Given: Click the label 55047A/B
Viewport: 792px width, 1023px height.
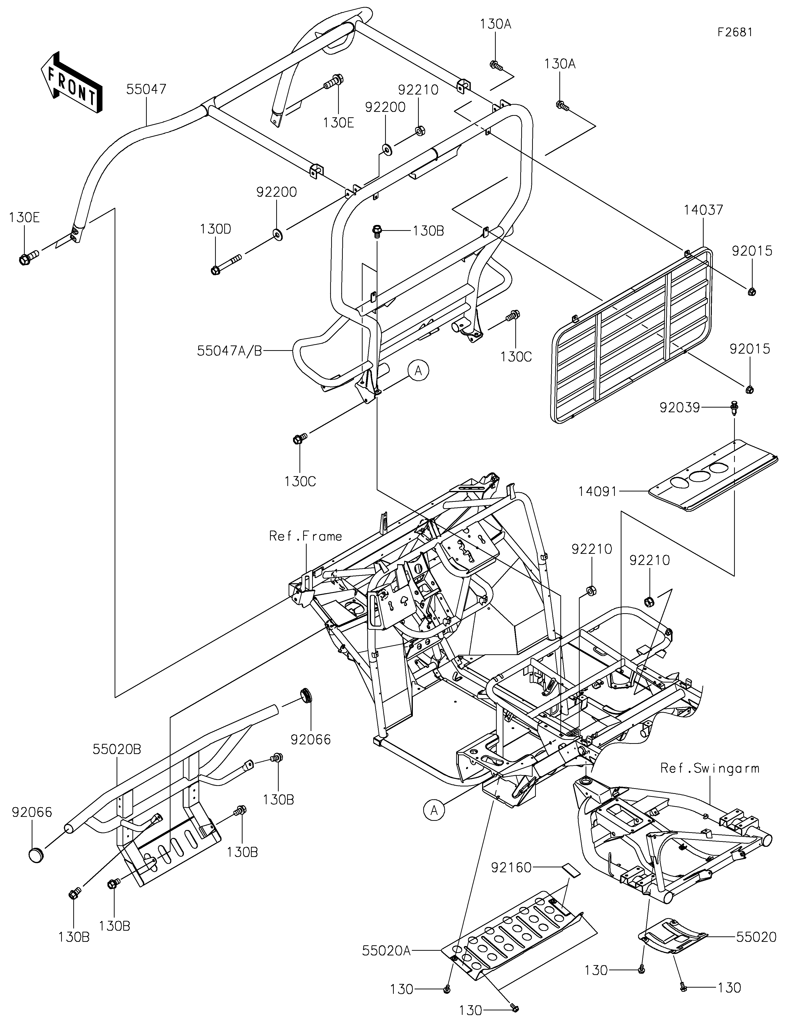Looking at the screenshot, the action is point(229,351).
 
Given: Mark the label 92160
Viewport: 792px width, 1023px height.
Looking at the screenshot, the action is point(511,868).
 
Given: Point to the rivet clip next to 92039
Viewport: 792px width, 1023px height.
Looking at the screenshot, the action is point(733,409).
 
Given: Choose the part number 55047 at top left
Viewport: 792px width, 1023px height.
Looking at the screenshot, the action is point(146,89).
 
